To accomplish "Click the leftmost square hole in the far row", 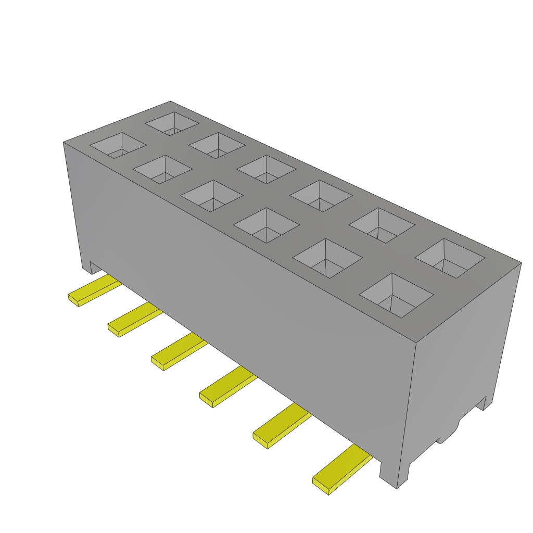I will (172, 123).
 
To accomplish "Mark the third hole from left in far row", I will (266, 169).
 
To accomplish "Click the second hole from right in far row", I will (382, 225).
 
